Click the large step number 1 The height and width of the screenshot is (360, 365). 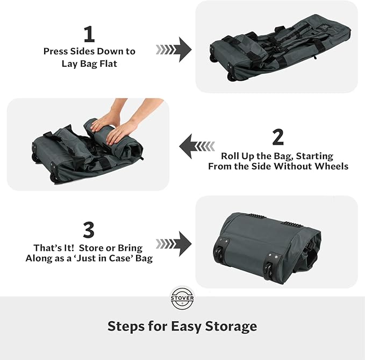point(89,34)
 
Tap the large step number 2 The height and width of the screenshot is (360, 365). point(277,137)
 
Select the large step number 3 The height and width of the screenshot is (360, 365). point(89,230)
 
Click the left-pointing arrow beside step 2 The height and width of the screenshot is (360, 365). point(197,146)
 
